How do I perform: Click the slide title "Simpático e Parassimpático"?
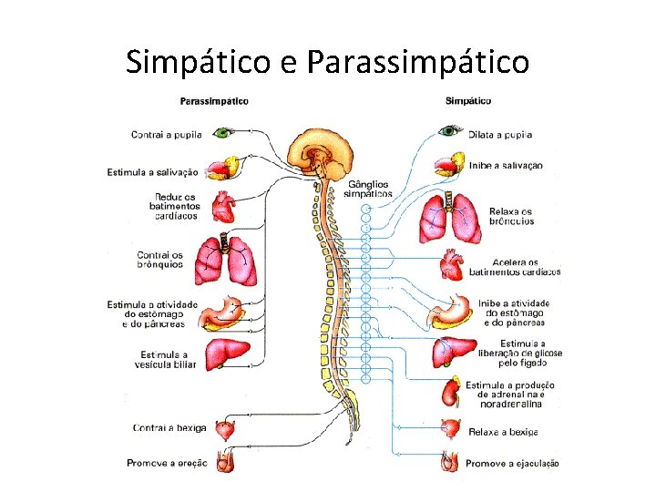[327, 61]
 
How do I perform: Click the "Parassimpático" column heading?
[214, 101]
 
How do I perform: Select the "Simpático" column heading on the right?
[468, 101]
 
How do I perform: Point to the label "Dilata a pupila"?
[500, 135]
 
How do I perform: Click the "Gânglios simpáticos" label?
[369, 189]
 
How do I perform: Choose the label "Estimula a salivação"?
[152, 171]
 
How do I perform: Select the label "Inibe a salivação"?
[506, 166]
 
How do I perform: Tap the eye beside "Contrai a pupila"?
[222, 133]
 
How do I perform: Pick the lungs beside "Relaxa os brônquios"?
[449, 219]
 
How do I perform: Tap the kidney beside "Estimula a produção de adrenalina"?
[449, 393]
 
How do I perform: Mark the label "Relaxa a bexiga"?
[503, 432]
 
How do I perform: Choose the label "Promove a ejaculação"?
[512, 464]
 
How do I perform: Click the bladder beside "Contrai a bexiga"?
[223, 428]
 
